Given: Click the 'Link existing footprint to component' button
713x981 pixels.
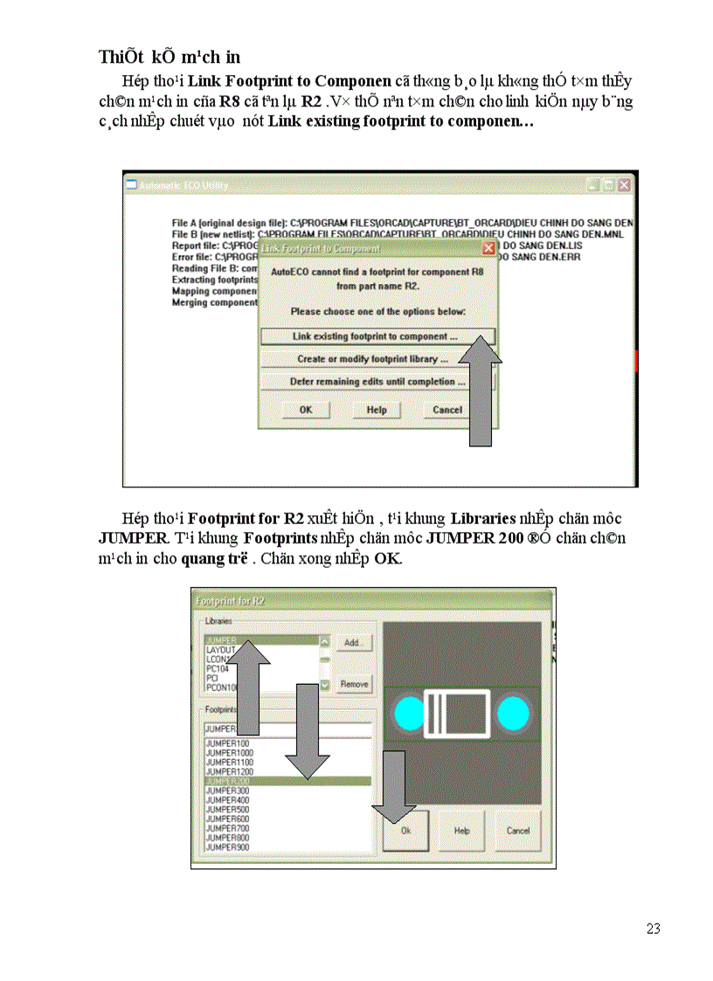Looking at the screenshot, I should click(377, 336).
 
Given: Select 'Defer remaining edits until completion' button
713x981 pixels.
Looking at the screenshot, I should click(377, 382).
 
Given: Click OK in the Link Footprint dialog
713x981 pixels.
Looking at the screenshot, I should click(306, 410).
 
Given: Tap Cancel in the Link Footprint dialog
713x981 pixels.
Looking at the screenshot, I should click(447, 410).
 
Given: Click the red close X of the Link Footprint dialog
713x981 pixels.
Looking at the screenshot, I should click(488, 248).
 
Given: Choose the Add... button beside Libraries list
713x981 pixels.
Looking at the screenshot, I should click(353, 642).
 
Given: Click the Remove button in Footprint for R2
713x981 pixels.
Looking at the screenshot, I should click(353, 684).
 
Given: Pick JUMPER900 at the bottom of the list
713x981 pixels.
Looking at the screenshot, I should click(227, 847).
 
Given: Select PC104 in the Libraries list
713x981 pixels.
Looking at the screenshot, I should click(218, 668).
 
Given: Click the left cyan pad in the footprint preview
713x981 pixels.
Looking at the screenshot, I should click(408, 714).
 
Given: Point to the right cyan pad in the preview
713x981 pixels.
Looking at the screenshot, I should click(513, 714).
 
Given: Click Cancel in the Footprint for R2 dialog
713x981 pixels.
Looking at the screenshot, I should click(518, 831).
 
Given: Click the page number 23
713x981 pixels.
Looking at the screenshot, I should click(653, 929).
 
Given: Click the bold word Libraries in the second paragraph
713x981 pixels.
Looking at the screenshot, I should click(483, 519).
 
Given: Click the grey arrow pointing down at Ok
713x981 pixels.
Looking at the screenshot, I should click(396, 786).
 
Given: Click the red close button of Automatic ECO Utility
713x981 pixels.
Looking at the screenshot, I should click(624, 185).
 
